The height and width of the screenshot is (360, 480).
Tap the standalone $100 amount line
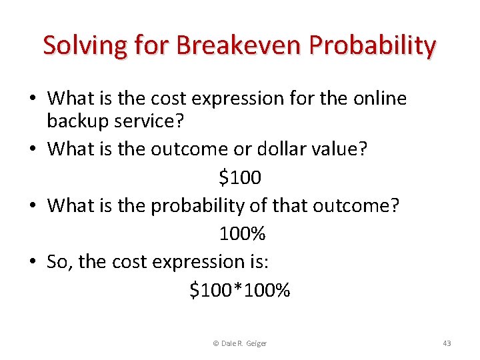click(x=240, y=177)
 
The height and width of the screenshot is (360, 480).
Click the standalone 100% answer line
click(x=242, y=233)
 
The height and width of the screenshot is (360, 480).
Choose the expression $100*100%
click(x=240, y=290)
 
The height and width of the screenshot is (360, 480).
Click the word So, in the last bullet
click(x=60, y=262)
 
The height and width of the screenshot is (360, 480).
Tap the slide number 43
click(x=447, y=343)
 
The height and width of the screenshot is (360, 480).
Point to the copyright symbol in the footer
click(x=215, y=343)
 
